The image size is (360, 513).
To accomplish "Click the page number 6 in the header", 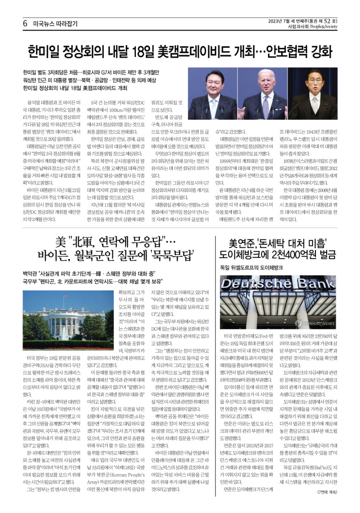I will (x=25, y=24).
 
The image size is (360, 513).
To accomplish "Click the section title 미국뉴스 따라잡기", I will (x=55, y=24).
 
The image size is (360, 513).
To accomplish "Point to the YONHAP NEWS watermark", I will (x=310, y=323).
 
